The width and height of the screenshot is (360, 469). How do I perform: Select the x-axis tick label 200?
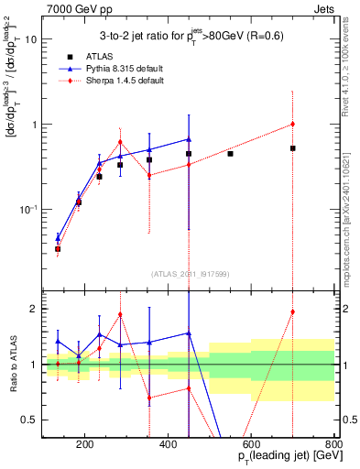(x=85, y=445)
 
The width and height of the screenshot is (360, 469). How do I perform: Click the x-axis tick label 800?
(x=333, y=445)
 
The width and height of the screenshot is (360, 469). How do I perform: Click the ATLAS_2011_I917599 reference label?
(x=190, y=272)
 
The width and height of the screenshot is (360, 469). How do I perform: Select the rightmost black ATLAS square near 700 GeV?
(x=292, y=147)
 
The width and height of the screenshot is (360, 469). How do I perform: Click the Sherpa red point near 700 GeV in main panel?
(x=292, y=124)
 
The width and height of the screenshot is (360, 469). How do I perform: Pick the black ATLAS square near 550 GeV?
(x=230, y=153)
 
